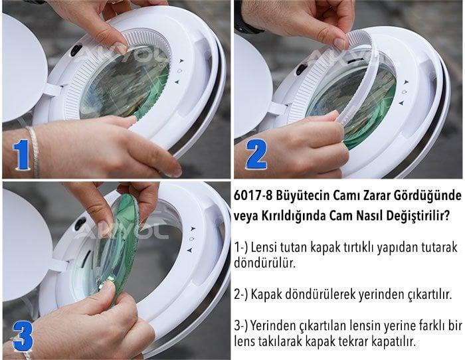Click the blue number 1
click(x=22, y=156)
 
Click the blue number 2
click(x=255, y=155)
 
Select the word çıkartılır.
click(x=429, y=294)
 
